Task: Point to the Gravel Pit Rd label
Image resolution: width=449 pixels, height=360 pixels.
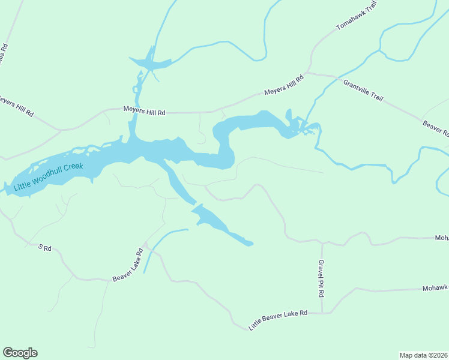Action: [x=322, y=279]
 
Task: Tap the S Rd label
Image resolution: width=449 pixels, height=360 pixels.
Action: [x=46, y=247]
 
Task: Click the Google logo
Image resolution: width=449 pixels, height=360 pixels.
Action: [x=20, y=353]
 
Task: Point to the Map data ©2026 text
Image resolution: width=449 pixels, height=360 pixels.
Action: [x=424, y=355]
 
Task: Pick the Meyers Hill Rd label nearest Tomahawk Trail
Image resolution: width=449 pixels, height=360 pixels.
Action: [x=285, y=86]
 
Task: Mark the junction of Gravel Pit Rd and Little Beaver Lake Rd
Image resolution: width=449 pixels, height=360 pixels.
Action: [x=322, y=313]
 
